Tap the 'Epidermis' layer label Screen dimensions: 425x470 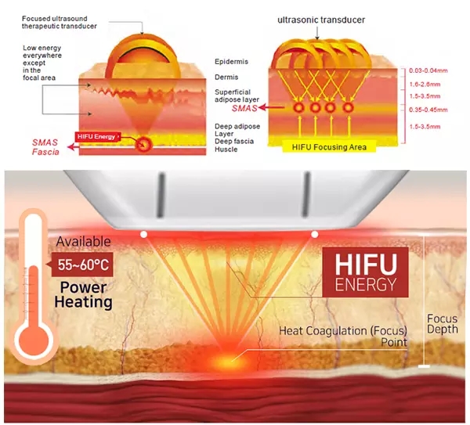point(232,61)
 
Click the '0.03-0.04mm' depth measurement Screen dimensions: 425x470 point(430,71)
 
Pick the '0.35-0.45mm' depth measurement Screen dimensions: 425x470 point(430,110)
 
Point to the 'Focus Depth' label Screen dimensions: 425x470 point(444,326)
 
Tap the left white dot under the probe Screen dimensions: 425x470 point(143,233)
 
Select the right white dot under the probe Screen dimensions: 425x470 point(315,233)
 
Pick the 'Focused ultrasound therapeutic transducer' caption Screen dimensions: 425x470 point(60,22)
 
